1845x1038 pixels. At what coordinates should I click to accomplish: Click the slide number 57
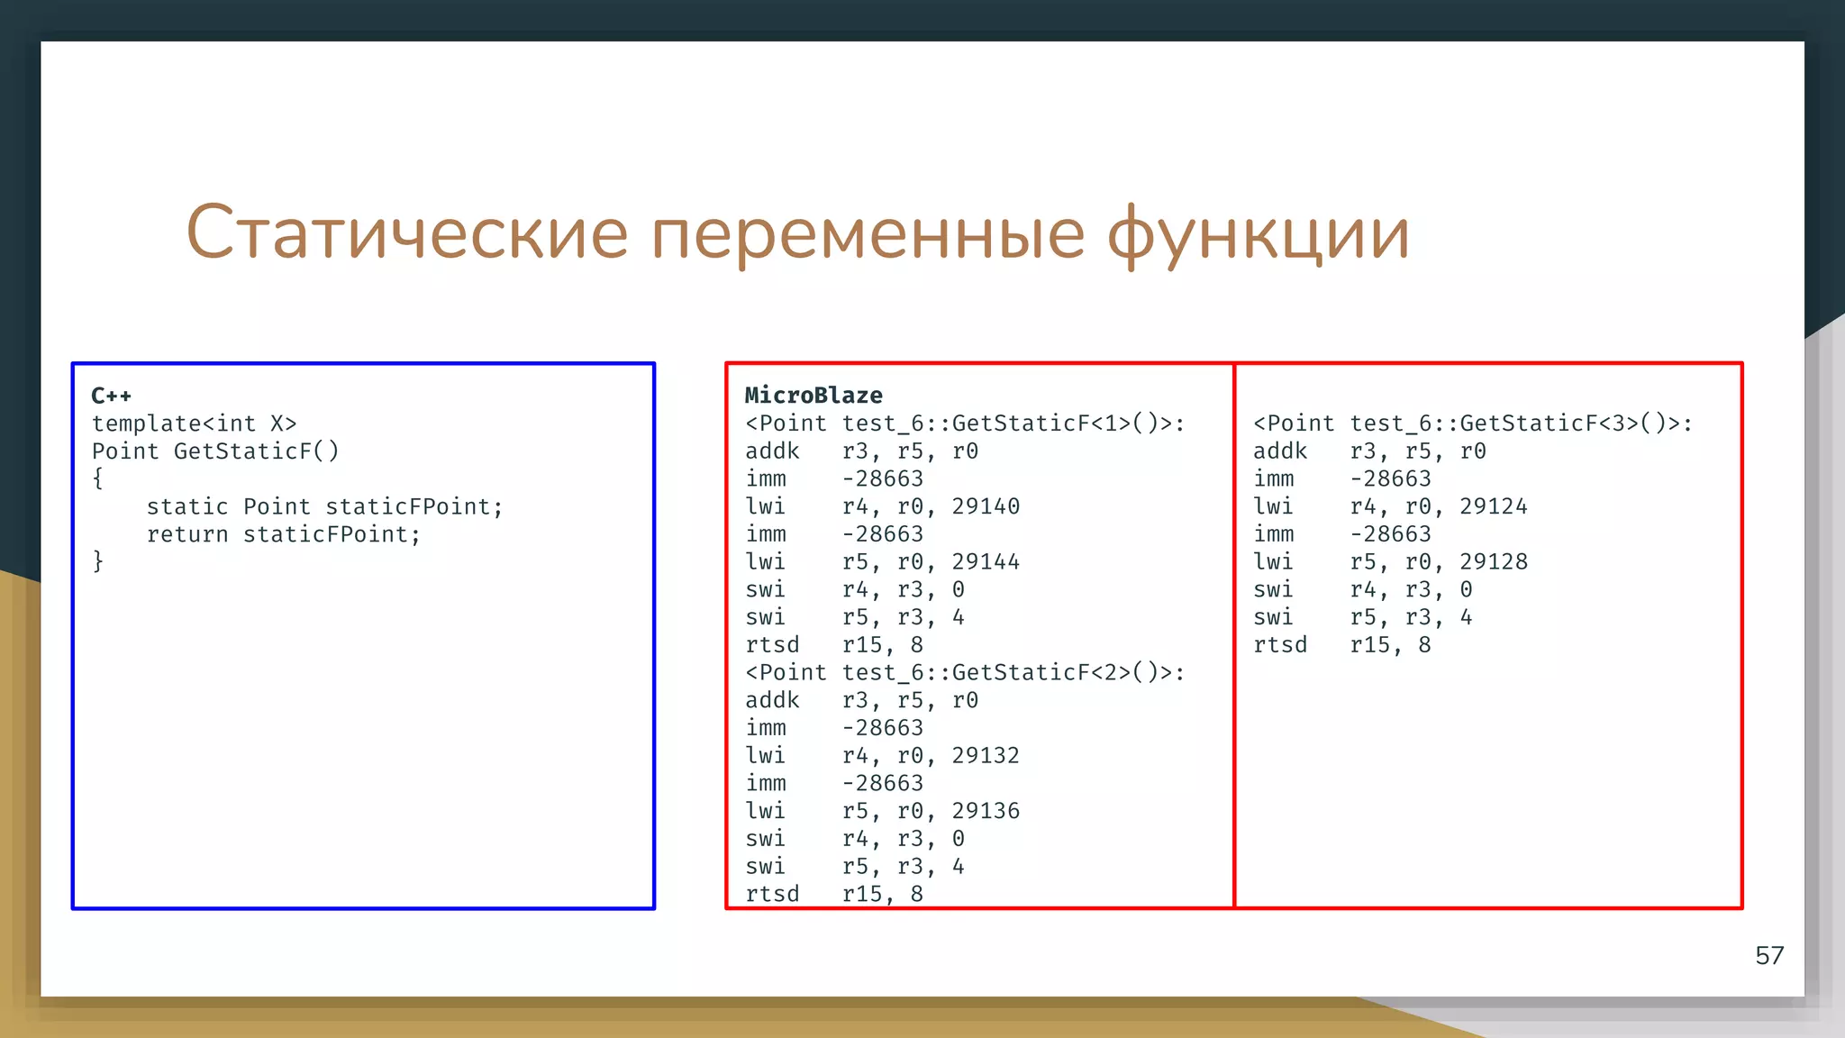(1769, 955)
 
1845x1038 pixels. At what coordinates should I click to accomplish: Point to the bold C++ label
(112, 396)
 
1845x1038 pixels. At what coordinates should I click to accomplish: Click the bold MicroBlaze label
(813, 396)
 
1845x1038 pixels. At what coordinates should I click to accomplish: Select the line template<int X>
(194, 423)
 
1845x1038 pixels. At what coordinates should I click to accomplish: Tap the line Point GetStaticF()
(215, 451)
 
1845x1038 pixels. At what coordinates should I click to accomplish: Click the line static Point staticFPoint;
(324, 506)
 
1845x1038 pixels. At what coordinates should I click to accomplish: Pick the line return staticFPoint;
(284, 534)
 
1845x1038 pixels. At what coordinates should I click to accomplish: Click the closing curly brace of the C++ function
(98, 561)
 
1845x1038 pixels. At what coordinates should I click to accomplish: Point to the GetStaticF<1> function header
(965, 423)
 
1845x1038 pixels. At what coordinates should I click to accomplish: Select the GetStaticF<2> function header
(965, 672)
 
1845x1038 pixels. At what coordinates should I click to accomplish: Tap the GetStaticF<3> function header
(1473, 423)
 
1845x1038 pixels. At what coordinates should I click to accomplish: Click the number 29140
(986, 506)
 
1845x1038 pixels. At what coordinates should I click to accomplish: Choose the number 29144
(986, 562)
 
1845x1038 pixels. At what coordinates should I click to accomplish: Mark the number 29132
(986, 756)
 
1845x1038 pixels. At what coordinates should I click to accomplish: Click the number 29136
(986, 811)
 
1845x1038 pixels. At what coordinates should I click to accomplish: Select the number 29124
(1494, 506)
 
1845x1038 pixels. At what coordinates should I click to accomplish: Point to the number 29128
(1494, 562)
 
